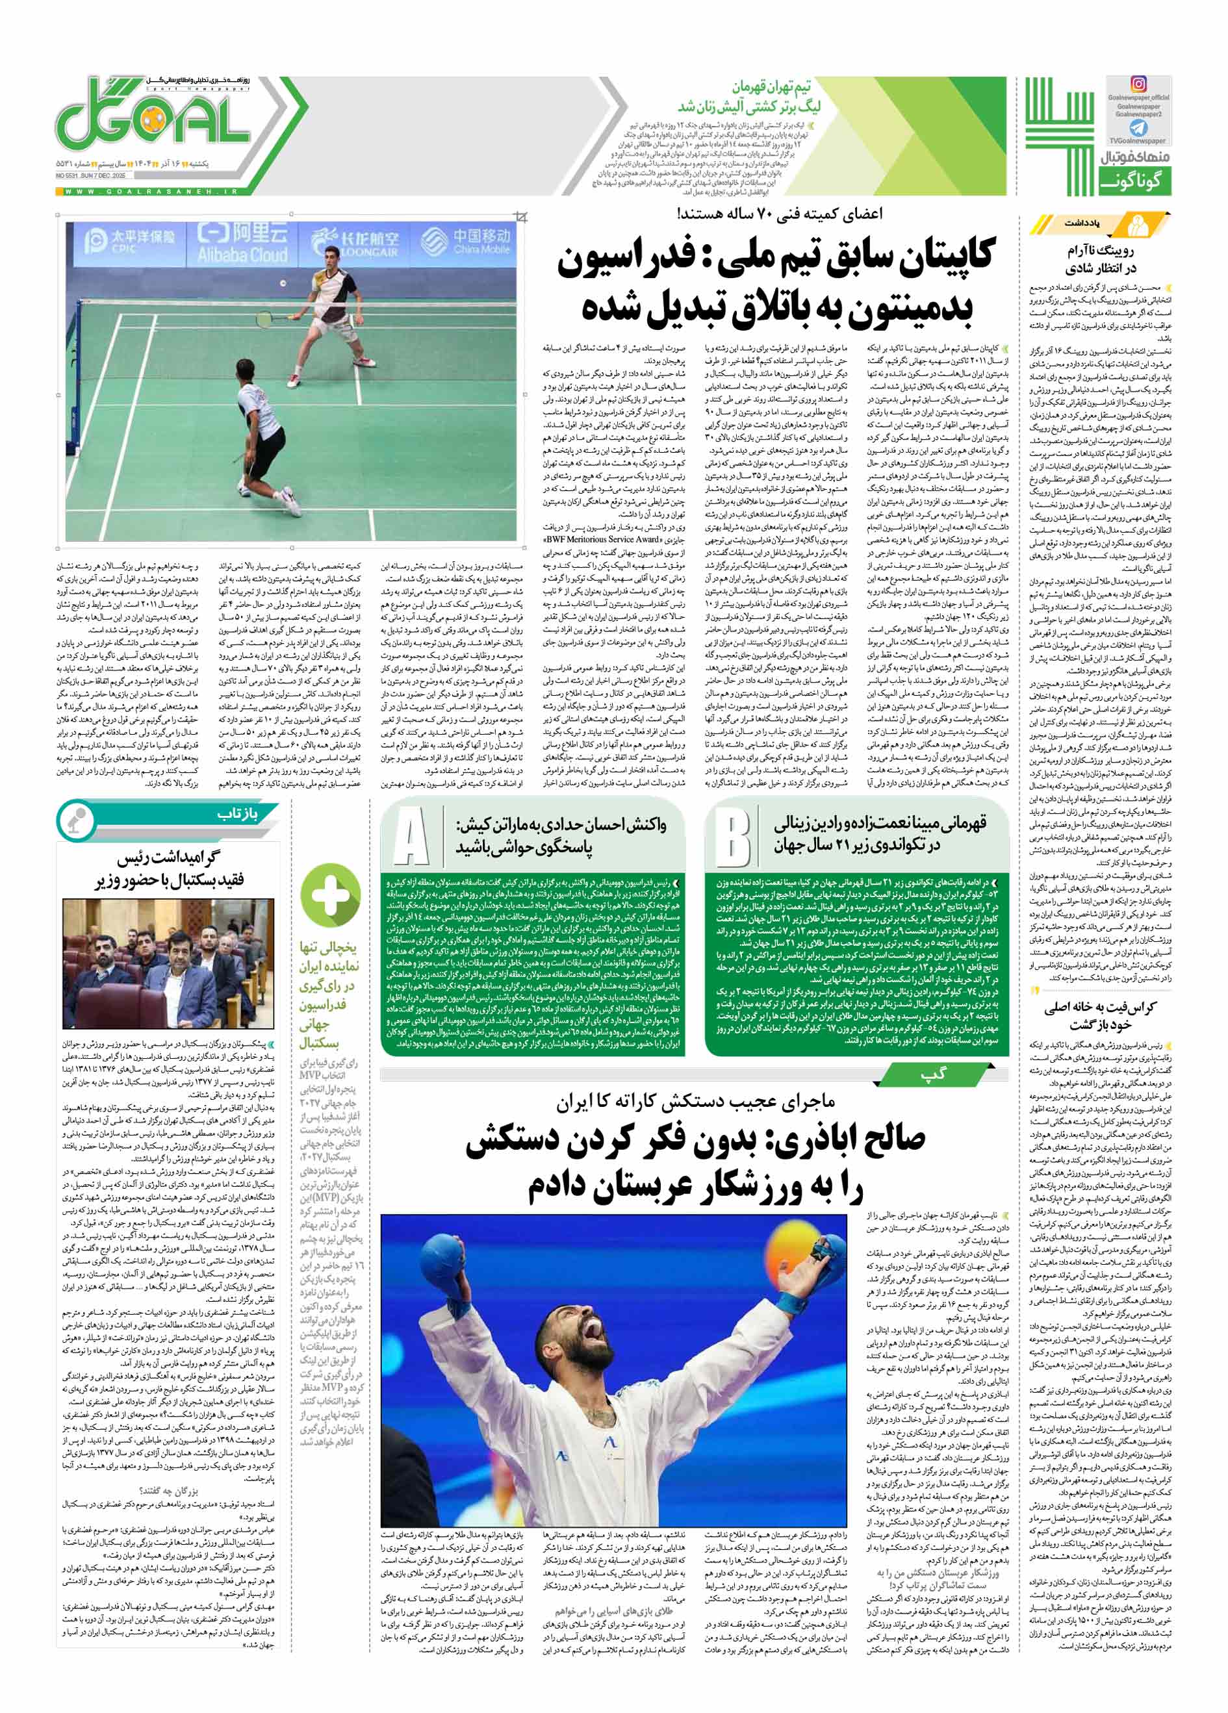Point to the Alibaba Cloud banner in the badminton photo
coord(242,243)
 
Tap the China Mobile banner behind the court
coord(467,242)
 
